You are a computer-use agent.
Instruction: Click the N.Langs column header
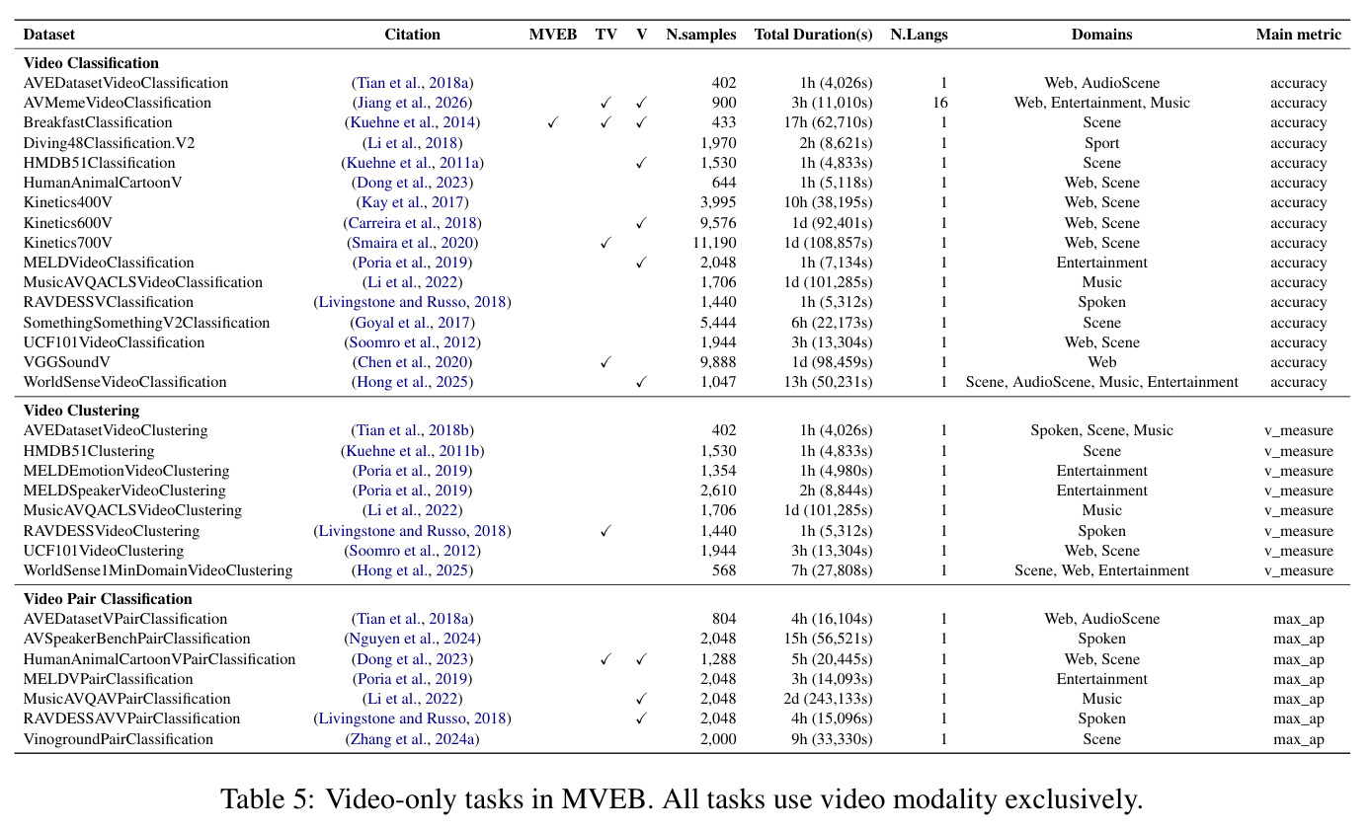(x=919, y=35)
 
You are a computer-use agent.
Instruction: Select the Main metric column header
(x=1298, y=35)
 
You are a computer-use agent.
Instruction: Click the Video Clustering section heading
(x=81, y=411)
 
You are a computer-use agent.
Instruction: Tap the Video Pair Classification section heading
(x=108, y=599)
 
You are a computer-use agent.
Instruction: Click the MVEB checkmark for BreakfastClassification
(x=553, y=122)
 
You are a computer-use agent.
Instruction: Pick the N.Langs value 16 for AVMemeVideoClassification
(x=940, y=102)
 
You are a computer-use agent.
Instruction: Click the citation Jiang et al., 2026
(x=413, y=102)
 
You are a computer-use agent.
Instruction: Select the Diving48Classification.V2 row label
(x=109, y=143)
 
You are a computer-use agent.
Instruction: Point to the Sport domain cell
(x=1101, y=143)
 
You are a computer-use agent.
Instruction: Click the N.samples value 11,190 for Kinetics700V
(x=714, y=243)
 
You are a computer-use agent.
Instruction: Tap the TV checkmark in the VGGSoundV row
(x=605, y=362)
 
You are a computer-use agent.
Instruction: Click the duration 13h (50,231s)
(x=828, y=382)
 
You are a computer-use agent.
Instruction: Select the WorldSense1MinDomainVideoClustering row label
(x=158, y=569)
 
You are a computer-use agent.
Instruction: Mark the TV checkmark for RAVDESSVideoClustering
(x=605, y=531)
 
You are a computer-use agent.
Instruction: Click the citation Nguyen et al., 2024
(x=413, y=639)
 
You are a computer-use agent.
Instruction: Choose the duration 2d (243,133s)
(x=828, y=699)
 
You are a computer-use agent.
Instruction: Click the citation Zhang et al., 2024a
(x=413, y=738)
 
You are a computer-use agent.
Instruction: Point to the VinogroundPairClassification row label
(x=119, y=738)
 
